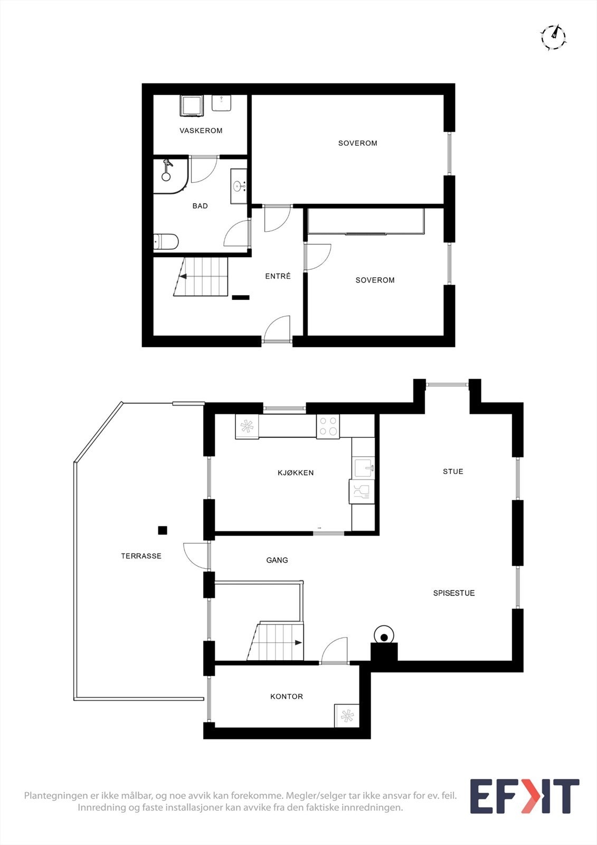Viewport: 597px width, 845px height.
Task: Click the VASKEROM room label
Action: coord(201,130)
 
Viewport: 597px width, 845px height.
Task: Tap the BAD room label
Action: coord(200,205)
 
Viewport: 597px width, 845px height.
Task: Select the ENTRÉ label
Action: coord(278,276)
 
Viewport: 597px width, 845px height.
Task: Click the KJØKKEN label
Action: coord(296,473)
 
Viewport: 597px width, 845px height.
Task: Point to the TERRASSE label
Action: coord(141,556)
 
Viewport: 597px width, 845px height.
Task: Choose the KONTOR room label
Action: coord(287,697)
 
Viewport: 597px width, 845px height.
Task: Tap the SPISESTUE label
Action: coord(454,593)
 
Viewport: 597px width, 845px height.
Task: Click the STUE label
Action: coord(453,471)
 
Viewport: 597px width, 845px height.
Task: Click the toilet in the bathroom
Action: coord(166,241)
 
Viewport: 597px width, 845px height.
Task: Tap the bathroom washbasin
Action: coord(239,186)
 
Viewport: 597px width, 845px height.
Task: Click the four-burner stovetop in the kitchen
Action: coord(328,426)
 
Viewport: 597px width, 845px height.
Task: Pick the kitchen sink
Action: coord(364,468)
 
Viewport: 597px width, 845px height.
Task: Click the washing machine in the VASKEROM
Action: coord(192,106)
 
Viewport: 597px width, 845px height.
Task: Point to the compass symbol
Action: coord(553,37)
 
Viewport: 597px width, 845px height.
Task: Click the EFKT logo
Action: coord(524,796)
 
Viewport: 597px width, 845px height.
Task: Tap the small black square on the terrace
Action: coord(162,530)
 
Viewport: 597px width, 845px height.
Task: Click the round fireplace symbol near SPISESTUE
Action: coord(384,637)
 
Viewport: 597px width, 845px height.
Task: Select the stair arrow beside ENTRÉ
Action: coord(183,277)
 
